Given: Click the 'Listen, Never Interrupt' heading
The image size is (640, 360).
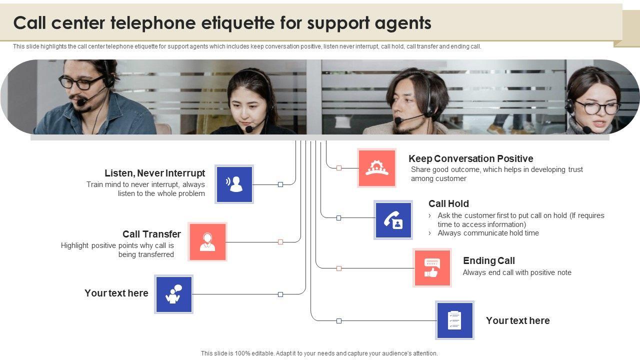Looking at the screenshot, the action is (154, 173).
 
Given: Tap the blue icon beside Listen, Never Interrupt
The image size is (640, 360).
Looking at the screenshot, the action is (234, 184).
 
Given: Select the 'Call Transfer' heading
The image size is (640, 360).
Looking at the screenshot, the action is (151, 234).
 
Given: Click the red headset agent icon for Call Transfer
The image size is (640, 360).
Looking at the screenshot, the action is (207, 242).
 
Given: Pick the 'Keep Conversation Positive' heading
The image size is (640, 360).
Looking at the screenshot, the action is (470, 158).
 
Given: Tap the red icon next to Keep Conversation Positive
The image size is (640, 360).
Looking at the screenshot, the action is (377, 168).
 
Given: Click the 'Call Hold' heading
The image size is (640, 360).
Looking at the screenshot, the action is (448, 203).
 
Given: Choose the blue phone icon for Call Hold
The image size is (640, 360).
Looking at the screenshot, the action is (393, 220).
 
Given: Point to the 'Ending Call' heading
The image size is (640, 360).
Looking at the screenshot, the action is (488, 260).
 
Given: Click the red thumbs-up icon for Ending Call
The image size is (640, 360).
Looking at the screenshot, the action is (432, 267).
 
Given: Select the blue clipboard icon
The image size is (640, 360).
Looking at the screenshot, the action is (454, 320).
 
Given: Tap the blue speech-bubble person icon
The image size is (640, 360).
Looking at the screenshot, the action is (173, 294).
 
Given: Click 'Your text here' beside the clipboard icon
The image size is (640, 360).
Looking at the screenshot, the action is (517, 320).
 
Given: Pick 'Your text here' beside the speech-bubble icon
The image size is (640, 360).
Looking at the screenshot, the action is (116, 293).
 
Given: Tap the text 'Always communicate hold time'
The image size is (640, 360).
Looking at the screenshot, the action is (488, 233).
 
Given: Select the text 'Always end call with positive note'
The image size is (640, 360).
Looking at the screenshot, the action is (517, 272).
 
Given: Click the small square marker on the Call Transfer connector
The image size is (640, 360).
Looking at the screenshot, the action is (280, 242).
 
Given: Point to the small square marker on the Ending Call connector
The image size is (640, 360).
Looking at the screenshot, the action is (339, 268).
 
